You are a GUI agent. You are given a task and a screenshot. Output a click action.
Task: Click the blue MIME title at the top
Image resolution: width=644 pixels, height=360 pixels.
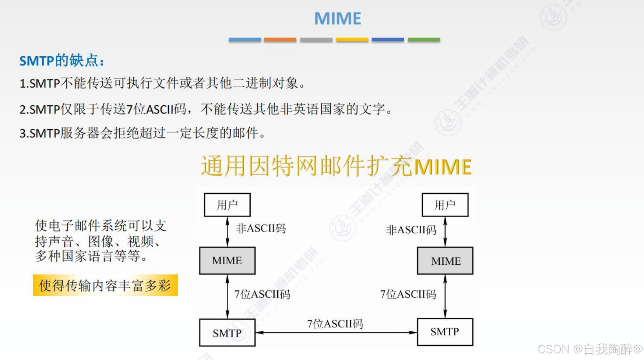pos(338,18)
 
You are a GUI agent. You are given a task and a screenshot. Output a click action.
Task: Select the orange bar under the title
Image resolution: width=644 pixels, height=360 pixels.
pos(280,39)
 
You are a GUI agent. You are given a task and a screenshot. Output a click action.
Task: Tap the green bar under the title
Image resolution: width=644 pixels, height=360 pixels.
pos(424,39)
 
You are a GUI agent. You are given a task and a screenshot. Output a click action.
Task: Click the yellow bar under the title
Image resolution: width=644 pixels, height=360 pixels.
pos(352,39)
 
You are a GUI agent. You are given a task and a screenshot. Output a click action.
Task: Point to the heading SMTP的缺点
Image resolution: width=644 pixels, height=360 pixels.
pos(62,61)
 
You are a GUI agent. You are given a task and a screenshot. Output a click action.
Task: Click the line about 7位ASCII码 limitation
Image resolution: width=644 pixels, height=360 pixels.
pos(206,109)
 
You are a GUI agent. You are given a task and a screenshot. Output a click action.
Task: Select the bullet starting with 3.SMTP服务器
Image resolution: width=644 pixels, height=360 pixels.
pos(142,133)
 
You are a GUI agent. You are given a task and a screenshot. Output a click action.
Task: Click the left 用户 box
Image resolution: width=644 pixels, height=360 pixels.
pos(227,205)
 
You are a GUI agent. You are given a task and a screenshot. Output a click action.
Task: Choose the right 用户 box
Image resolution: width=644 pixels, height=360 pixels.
pos(445,205)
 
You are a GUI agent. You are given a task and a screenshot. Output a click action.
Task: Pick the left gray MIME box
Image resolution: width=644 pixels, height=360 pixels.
pos(227,261)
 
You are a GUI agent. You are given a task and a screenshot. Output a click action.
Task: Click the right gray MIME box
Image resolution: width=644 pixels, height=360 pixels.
pos(445,261)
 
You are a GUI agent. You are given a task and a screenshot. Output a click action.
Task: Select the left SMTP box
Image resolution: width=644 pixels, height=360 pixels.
pos(227,332)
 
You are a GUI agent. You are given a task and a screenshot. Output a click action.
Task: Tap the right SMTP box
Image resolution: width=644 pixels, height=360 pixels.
pos(445,332)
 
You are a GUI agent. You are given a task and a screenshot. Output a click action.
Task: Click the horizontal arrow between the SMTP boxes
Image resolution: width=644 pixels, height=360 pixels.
pos(336,332)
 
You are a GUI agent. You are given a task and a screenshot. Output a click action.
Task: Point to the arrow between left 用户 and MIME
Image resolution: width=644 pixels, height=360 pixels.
pos(227,232)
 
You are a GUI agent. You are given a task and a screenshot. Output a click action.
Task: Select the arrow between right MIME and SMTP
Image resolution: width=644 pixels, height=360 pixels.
pos(445,296)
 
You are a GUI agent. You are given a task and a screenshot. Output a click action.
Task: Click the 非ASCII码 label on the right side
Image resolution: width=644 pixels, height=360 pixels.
pos(411,230)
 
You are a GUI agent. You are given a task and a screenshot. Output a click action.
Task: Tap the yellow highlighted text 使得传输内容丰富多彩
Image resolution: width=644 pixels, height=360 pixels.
pos(105,285)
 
